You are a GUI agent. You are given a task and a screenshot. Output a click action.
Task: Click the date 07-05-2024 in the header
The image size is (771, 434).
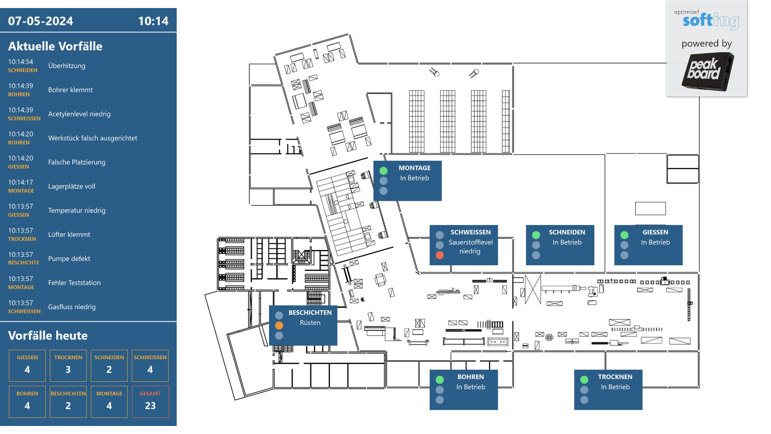point(41,21)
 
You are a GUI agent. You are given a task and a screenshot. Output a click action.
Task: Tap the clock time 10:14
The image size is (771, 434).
point(153,21)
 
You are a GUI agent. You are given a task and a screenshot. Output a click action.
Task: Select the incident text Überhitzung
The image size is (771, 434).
point(67,66)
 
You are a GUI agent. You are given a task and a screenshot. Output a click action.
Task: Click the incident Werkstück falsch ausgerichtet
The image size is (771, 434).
point(93,138)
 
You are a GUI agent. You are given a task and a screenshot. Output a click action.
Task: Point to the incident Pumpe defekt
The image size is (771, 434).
point(69,258)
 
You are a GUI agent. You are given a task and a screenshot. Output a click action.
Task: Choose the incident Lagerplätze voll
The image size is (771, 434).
point(72,186)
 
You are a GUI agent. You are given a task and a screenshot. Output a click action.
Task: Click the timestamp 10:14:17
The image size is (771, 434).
point(20,182)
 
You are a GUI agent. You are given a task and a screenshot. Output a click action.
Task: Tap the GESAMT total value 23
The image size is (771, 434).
point(150,406)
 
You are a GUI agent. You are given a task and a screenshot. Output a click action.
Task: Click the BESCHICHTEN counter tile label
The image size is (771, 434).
point(68,393)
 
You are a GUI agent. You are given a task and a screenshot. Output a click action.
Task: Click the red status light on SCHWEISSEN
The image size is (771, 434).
point(440,255)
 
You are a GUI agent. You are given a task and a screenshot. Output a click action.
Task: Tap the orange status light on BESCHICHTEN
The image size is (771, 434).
point(279,325)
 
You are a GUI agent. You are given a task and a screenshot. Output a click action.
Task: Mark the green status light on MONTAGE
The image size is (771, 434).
point(383,171)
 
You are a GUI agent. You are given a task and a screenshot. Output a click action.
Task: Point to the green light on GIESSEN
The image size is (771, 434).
point(624,235)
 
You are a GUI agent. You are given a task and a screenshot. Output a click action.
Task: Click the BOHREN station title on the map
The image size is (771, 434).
point(471,377)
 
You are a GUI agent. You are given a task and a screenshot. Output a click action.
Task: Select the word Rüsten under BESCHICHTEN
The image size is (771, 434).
point(310,323)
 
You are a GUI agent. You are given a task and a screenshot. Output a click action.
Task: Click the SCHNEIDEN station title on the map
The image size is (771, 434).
point(567,232)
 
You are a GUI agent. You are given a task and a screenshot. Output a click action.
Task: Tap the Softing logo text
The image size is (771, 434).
point(711,20)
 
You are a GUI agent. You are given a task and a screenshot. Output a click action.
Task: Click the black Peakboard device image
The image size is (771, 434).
point(708,72)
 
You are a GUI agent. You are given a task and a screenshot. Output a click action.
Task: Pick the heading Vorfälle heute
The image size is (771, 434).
point(48,336)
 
